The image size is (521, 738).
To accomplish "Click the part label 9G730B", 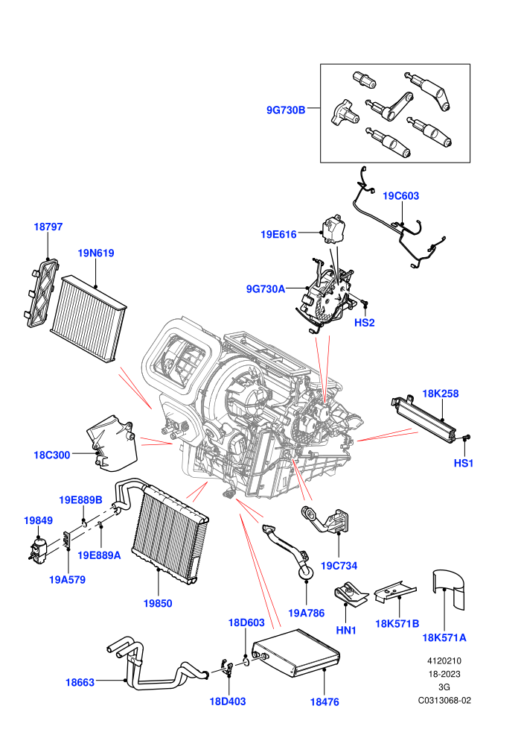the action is click(286, 110).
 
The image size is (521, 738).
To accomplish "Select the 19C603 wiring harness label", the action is click(400, 196).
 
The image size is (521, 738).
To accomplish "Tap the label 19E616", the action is click(278, 234).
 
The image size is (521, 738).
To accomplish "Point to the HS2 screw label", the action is click(364, 323).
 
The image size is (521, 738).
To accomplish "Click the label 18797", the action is click(48, 227).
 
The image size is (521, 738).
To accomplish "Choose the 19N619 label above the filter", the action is click(96, 253).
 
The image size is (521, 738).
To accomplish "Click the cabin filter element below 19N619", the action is click(89, 318).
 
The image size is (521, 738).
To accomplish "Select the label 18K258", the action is click(440, 394).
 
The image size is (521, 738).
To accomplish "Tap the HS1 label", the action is click(463, 463).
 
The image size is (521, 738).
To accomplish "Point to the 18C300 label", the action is click(51, 455).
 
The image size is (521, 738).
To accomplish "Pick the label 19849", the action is click(38, 520).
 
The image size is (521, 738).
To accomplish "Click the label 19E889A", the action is click(99, 555).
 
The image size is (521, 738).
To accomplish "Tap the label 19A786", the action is click(307, 613).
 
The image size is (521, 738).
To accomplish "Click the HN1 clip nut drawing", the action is click(351, 593).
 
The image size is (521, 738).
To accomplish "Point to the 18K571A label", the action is click(444, 638).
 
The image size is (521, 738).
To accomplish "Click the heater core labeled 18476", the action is click(296, 653).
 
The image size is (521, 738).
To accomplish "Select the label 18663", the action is click(80, 682).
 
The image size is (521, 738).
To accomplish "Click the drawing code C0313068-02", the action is click(444, 700).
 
